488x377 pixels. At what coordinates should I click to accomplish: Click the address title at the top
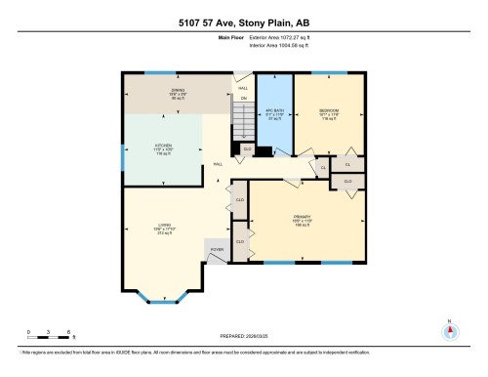243,22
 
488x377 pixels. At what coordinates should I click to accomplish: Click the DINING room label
179,92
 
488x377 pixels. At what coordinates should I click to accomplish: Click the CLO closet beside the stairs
248,149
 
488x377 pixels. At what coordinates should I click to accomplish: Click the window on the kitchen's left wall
122,153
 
